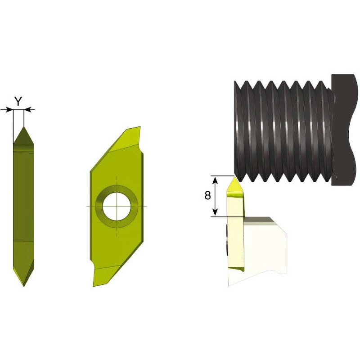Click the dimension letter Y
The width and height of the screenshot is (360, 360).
[x=18, y=101]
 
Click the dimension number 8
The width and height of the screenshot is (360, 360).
[x=207, y=195]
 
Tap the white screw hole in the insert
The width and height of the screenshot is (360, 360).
[x=117, y=206]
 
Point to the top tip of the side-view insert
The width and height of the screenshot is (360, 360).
[x=24, y=126]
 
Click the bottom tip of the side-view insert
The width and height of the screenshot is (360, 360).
[x=24, y=286]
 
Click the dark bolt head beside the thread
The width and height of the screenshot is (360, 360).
[x=344, y=129]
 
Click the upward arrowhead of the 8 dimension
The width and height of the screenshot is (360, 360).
[x=215, y=180]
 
